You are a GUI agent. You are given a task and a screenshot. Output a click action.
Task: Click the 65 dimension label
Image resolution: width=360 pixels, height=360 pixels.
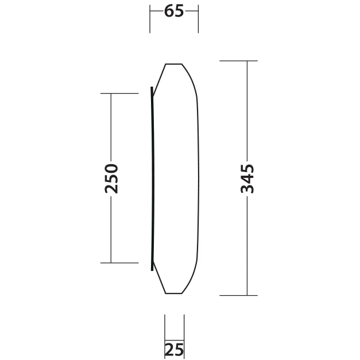174,11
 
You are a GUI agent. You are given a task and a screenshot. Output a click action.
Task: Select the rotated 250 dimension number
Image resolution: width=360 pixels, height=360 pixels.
112,178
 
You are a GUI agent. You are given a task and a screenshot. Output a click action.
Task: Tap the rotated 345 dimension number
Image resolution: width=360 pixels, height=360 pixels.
247,179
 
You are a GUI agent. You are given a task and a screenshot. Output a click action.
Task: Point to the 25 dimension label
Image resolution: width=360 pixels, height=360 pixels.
174,349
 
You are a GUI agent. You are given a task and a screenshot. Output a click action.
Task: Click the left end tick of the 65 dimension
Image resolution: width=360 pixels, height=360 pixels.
150,18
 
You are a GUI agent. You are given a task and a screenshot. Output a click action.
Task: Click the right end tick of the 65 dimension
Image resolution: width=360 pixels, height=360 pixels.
198,18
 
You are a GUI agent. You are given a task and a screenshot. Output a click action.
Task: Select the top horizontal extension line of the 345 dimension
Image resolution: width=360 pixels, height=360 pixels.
238,60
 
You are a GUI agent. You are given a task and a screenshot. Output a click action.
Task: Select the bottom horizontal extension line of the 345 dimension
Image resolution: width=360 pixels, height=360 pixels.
238,295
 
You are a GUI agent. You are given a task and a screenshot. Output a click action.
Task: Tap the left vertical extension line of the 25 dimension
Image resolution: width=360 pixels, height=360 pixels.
165,330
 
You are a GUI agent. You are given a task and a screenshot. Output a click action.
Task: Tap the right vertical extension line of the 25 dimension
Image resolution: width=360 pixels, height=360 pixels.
184,330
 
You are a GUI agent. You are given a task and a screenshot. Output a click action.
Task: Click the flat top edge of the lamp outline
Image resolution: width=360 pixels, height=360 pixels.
175,64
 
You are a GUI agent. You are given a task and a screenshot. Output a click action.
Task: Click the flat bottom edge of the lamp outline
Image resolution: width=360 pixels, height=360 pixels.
175,293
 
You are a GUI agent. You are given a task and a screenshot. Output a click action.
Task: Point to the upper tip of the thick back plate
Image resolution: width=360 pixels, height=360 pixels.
152,88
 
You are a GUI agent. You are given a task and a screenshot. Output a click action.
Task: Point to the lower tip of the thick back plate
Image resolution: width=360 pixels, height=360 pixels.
152,269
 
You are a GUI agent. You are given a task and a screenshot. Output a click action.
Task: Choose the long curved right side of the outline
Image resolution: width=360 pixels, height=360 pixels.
200,178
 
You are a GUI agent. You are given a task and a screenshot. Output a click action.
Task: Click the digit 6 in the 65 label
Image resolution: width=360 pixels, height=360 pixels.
169,11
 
